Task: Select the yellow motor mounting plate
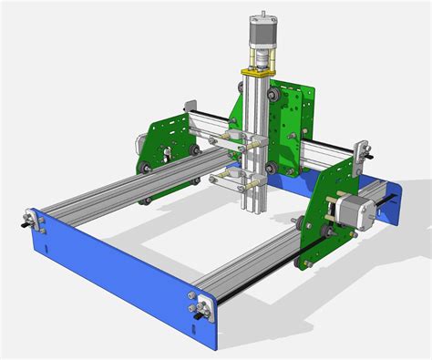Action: coord(260,69)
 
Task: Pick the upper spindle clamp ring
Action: coord(237,139)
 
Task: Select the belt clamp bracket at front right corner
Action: coord(201,305)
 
